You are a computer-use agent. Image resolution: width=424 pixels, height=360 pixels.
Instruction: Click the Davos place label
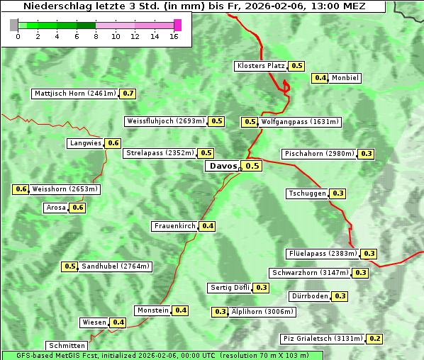(x=223, y=166)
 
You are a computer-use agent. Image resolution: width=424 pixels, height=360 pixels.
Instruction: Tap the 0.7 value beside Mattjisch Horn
(x=128, y=94)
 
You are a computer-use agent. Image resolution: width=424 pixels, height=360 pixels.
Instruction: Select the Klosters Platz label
(x=260, y=66)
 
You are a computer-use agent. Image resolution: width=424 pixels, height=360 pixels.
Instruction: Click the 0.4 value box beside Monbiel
(x=320, y=78)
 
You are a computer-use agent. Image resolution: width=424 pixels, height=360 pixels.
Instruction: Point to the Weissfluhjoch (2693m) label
(x=165, y=121)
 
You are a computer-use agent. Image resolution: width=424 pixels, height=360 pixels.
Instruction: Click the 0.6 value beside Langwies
(x=113, y=143)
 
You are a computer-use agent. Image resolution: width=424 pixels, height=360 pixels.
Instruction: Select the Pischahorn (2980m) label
(x=318, y=154)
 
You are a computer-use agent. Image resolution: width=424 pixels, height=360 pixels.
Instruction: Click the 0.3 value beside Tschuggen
(x=338, y=193)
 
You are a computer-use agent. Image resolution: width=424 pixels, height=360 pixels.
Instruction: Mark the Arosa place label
(x=55, y=208)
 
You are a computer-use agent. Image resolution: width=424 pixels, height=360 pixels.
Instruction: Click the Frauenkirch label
(x=174, y=226)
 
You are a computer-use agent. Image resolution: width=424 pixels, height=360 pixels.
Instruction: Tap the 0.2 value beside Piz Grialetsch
(x=375, y=339)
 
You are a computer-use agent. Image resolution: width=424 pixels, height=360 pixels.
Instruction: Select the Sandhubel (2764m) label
(x=116, y=266)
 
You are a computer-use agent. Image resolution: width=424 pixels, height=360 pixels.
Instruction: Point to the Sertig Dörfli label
(x=230, y=288)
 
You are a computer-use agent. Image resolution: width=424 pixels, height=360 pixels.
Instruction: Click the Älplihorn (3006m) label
(x=262, y=312)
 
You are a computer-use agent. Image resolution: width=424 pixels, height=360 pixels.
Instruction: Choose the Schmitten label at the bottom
(x=67, y=346)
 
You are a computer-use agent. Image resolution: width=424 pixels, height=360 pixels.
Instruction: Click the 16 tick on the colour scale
(x=174, y=35)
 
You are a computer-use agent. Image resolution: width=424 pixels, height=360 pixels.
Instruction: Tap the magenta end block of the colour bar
(x=177, y=25)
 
